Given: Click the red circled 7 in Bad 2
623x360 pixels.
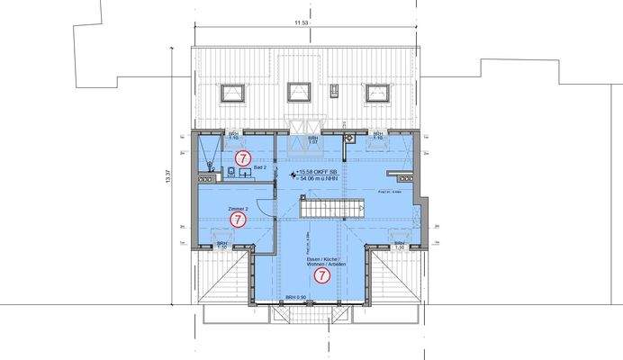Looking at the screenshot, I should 241,157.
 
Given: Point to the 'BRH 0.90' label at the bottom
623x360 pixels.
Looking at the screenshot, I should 296,297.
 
